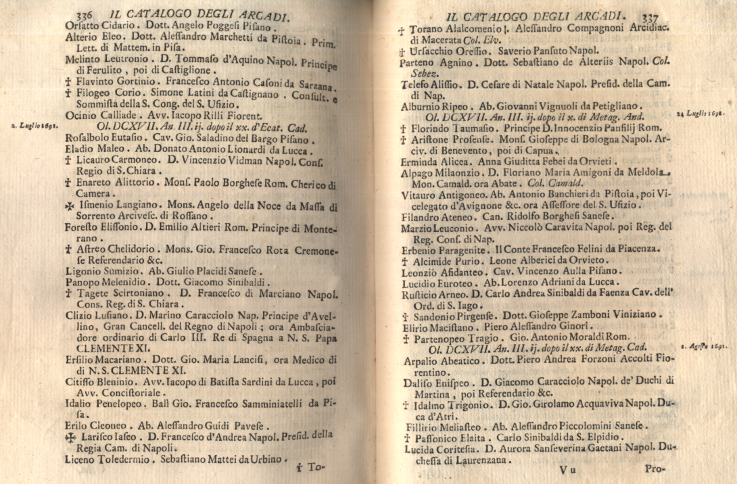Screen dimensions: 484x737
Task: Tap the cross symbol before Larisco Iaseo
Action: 70,438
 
